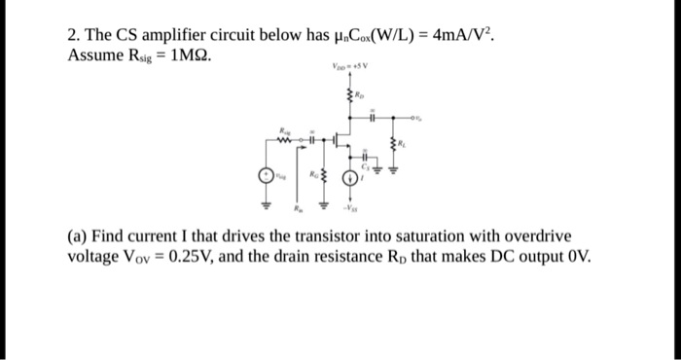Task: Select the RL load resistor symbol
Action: point(395,146)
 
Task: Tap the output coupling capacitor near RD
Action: point(373,116)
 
